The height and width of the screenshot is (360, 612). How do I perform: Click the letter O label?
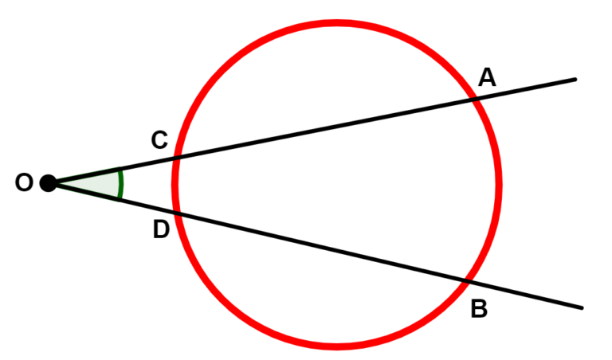click(24, 182)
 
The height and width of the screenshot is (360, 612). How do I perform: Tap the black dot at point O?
click(49, 183)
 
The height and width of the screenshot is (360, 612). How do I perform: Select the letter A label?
click(487, 77)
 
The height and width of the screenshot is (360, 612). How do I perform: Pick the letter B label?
click(479, 308)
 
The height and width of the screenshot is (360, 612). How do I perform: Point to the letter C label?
click(159, 140)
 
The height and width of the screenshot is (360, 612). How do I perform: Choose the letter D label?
click(161, 229)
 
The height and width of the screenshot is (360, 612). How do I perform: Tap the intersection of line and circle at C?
click(176, 158)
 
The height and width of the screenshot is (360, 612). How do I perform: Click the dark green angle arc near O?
click(122, 184)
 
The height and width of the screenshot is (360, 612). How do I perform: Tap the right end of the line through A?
click(575, 80)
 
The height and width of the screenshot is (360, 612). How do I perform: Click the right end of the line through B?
click(582, 308)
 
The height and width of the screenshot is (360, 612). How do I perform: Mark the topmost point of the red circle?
click(337, 22)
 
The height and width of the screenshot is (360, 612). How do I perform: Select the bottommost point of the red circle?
click(337, 346)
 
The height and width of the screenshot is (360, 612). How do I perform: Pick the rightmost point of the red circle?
click(499, 185)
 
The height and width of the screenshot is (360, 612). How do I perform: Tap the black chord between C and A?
click(325, 129)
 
